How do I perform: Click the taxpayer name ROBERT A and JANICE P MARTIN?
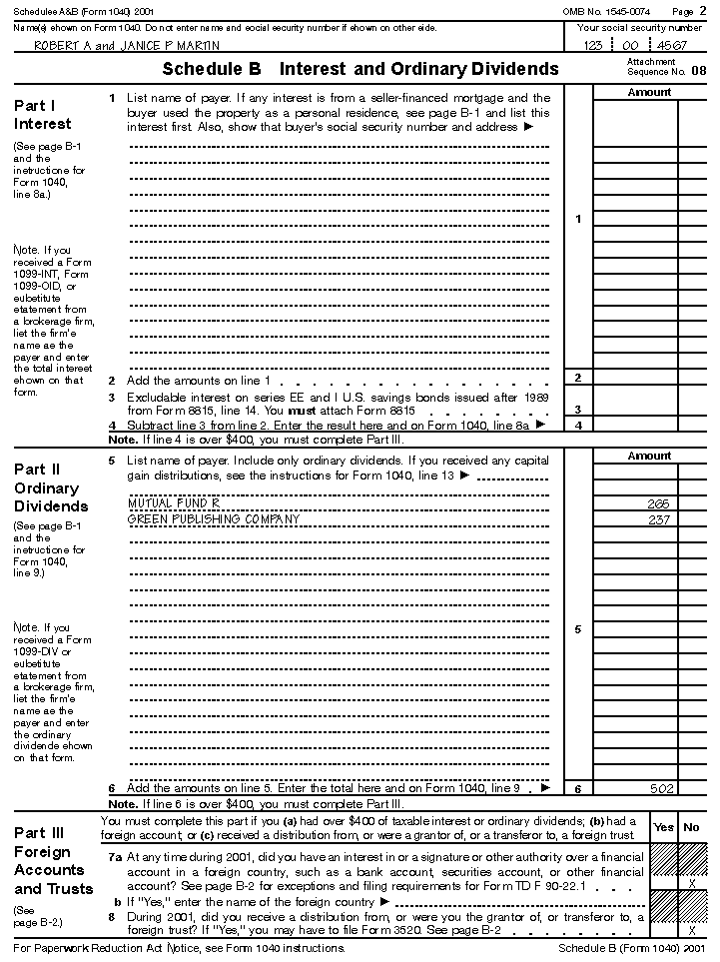click(127, 46)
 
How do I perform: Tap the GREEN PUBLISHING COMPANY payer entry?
click(215, 519)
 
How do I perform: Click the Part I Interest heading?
click(43, 115)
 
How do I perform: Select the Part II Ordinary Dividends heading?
click(51, 488)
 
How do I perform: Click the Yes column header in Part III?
click(663, 827)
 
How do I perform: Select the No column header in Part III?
click(691, 827)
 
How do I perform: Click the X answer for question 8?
click(692, 930)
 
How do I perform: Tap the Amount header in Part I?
click(649, 93)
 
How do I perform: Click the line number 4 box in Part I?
click(578, 426)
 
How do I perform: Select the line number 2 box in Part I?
click(578, 378)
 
